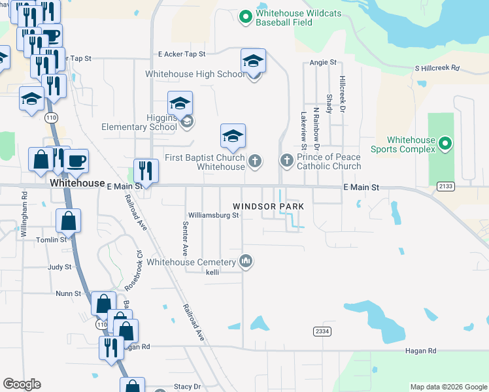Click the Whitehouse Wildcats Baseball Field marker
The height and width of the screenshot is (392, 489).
(x=246, y=16)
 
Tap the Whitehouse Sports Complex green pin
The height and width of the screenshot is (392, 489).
(x=445, y=142)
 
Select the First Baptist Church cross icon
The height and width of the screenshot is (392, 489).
(x=255, y=160)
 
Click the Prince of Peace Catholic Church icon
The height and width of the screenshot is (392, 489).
(x=286, y=160)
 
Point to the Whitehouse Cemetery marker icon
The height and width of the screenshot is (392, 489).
(x=246, y=261)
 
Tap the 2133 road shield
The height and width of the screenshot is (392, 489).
(x=446, y=187)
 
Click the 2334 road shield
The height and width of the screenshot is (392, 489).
(x=322, y=331)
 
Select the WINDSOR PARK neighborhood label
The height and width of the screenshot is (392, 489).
(x=269, y=206)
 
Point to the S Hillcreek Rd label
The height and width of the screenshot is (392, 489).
(x=437, y=68)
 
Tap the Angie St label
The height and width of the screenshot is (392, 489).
(x=322, y=63)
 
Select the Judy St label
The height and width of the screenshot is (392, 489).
(x=59, y=267)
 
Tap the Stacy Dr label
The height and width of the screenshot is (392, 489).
(x=186, y=387)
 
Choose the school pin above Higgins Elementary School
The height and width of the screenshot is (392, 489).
(x=180, y=103)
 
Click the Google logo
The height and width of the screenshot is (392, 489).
(x=22, y=385)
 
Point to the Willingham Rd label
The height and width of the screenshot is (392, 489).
(x=24, y=215)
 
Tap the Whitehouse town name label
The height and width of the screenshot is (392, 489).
(x=78, y=184)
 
